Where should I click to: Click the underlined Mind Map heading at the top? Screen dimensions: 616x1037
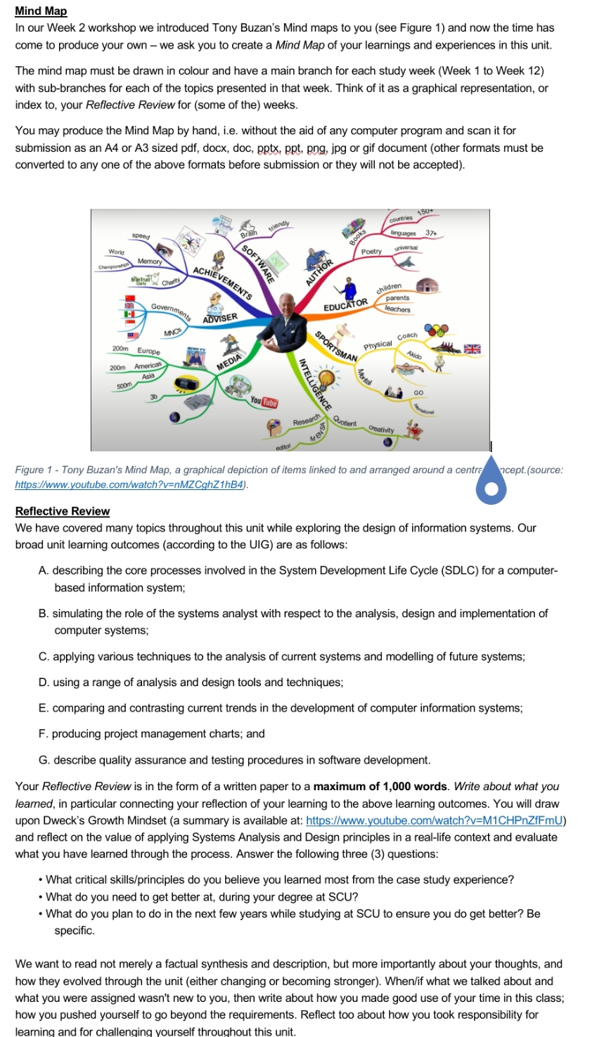pyautogui.click(x=41, y=11)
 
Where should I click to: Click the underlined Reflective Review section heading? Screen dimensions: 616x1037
pyautogui.click(x=63, y=511)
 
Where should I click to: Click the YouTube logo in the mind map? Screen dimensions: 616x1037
pyautogui.click(x=264, y=403)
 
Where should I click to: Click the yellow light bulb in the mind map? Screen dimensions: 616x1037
pyautogui.click(x=327, y=380)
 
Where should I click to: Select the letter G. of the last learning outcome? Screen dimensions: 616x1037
pyautogui.click(x=44, y=760)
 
